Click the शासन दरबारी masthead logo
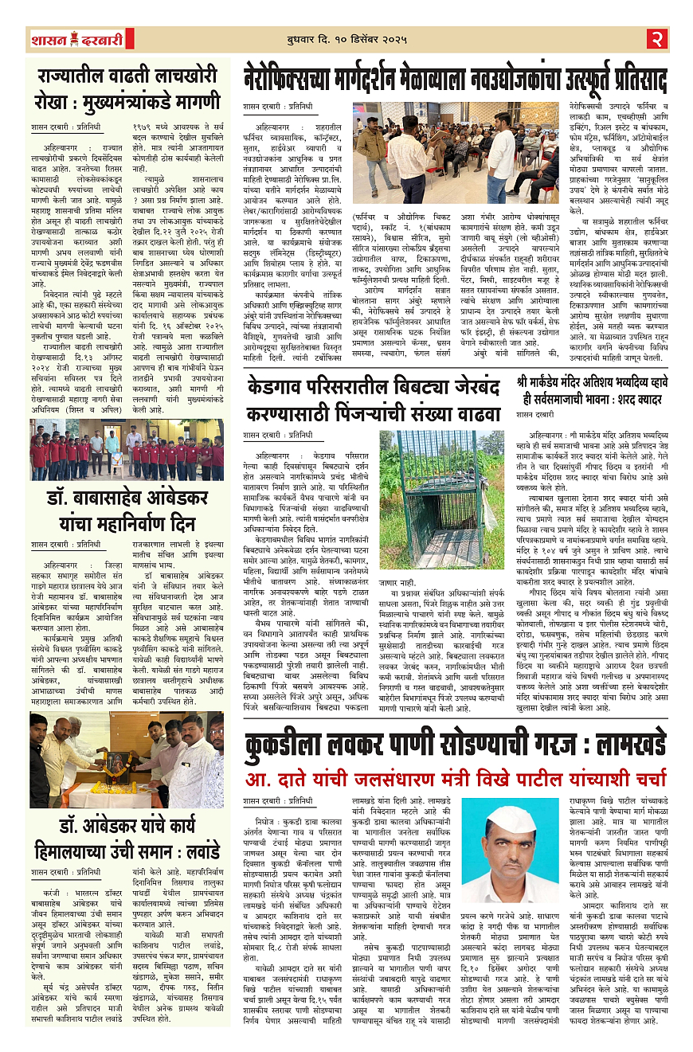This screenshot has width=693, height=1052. [x=77, y=39]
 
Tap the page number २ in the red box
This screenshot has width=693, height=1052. [x=656, y=38]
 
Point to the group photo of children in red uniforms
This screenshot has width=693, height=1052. [x=126, y=450]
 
